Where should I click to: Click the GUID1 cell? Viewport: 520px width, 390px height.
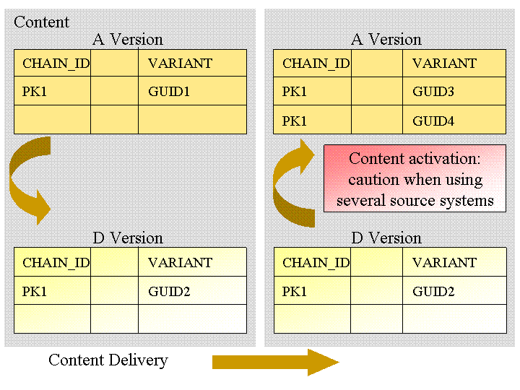[192, 91]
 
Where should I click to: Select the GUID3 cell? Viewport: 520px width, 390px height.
[454, 91]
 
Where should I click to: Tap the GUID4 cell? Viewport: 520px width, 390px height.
[454, 120]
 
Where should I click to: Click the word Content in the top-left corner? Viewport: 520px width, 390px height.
[41, 22]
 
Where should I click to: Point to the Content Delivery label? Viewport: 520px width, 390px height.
[108, 360]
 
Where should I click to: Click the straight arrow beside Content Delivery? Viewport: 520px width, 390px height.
[276, 362]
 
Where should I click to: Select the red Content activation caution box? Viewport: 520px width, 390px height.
[415, 178]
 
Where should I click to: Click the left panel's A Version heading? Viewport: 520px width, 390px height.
[128, 40]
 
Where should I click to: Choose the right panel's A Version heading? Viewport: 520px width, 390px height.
[386, 40]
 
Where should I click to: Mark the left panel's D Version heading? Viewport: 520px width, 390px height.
[128, 238]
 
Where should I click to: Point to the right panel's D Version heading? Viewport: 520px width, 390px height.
[386, 238]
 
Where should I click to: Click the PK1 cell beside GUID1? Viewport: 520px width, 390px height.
[53, 91]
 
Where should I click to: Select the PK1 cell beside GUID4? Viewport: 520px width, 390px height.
[312, 120]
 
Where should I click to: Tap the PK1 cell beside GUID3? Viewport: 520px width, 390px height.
[312, 91]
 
